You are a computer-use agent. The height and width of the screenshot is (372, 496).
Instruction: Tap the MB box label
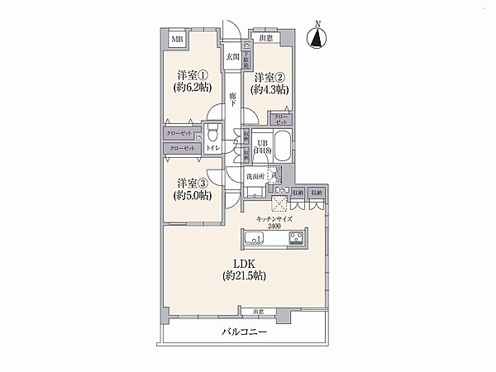(x=178, y=39)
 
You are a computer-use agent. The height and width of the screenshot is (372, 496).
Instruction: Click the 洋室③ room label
(x=192, y=184)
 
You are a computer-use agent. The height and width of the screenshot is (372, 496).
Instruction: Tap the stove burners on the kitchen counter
(x=297, y=240)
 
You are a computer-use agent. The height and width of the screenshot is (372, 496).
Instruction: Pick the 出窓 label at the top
(x=265, y=38)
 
